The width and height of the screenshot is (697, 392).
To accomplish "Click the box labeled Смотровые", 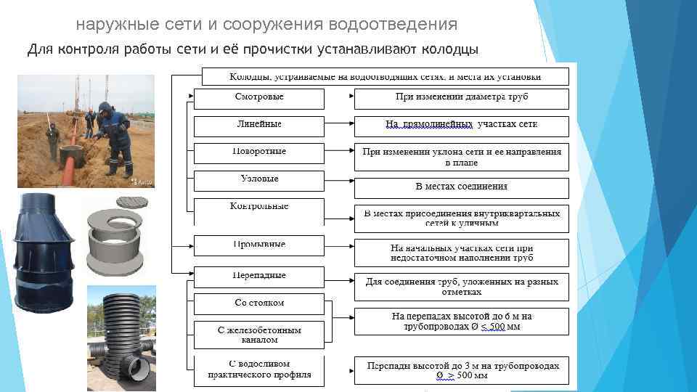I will (259, 97).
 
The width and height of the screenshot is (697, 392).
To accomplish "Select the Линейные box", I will (259, 125).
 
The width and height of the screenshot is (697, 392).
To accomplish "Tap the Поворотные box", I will (259, 152).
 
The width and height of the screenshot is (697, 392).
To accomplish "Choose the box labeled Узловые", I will (259, 179).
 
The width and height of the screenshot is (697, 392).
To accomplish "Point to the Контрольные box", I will (259, 207).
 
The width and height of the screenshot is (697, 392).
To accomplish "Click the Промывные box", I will (259, 245).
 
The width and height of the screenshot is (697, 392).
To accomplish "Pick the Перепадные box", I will (259, 276).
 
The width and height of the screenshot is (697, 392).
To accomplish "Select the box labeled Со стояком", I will (259, 303).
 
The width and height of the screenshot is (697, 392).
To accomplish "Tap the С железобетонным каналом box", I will (259, 335).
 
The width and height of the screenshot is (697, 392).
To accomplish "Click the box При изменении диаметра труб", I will (462, 97).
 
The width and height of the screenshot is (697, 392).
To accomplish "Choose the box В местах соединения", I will (462, 187).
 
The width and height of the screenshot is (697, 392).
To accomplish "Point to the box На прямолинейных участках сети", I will (462, 125).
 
